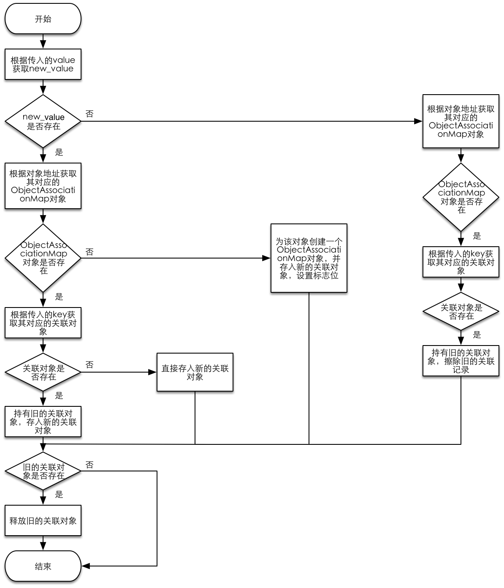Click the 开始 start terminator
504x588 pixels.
[x=43, y=19]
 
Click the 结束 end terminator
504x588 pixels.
[x=43, y=566]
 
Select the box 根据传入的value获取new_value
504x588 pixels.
[x=43, y=64]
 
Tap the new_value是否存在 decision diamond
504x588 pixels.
[x=43, y=121]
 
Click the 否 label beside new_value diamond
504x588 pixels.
[x=89, y=114]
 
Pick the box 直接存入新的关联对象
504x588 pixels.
[x=195, y=372]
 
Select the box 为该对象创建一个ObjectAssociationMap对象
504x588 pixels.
[x=309, y=258]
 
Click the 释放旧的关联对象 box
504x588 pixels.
[x=43, y=521]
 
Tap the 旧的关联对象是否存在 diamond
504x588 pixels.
[x=43, y=471]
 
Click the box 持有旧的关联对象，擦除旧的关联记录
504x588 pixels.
[x=461, y=361]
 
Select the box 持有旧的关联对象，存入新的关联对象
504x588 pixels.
[x=43, y=422]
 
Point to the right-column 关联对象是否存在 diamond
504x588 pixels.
[x=461, y=312]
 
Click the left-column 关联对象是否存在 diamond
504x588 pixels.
[x=43, y=372]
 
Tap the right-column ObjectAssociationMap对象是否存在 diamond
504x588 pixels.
[x=461, y=197]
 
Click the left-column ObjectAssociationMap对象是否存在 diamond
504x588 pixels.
[x=43, y=258]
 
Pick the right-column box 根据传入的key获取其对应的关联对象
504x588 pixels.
[x=461, y=262]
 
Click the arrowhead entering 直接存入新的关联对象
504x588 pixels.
[x=153, y=372]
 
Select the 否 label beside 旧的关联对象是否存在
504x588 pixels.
[x=89, y=465]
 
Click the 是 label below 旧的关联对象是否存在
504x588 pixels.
[x=59, y=494]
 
